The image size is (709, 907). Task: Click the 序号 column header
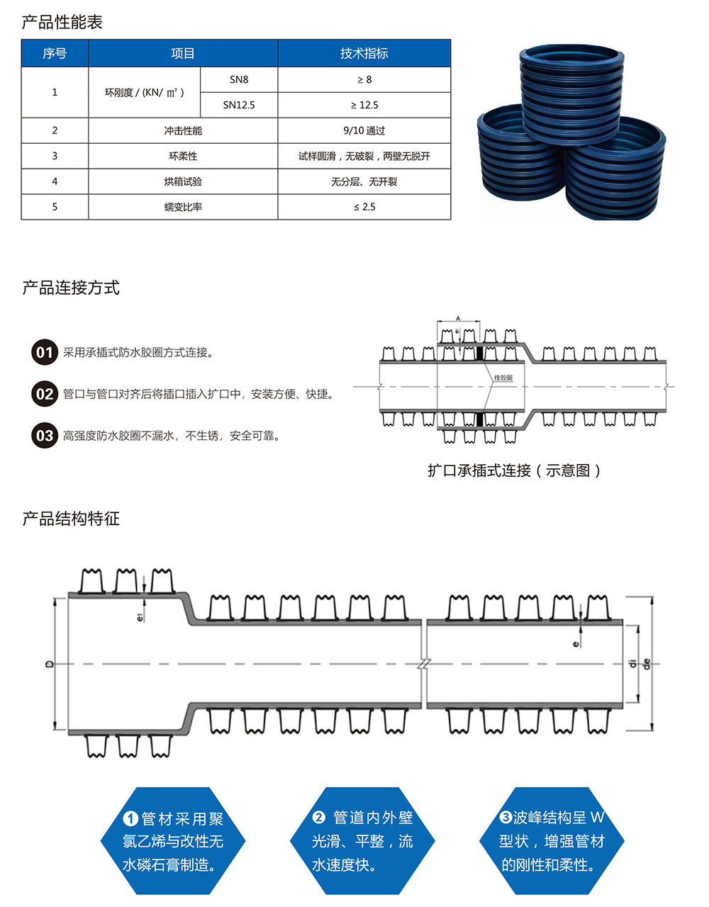point(55,53)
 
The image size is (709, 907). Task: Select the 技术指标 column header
point(364,53)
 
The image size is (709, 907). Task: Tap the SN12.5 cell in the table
point(239,105)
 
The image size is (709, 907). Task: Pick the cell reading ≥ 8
point(364,79)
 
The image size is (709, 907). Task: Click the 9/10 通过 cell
point(364,130)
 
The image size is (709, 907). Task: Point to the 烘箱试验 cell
point(183,181)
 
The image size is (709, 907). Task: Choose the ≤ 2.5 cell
point(364,207)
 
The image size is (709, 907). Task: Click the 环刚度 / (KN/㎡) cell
point(145,92)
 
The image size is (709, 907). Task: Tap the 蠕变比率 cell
point(183,207)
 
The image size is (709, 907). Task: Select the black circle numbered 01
point(45,352)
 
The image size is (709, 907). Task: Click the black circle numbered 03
point(45,435)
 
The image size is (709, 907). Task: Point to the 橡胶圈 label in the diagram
point(503,378)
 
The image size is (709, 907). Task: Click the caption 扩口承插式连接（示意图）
point(514,471)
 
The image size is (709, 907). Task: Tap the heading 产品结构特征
point(71,519)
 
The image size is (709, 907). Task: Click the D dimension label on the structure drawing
point(49,664)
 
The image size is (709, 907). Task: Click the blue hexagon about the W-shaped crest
point(552,841)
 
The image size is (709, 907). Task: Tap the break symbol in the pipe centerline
point(423,664)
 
